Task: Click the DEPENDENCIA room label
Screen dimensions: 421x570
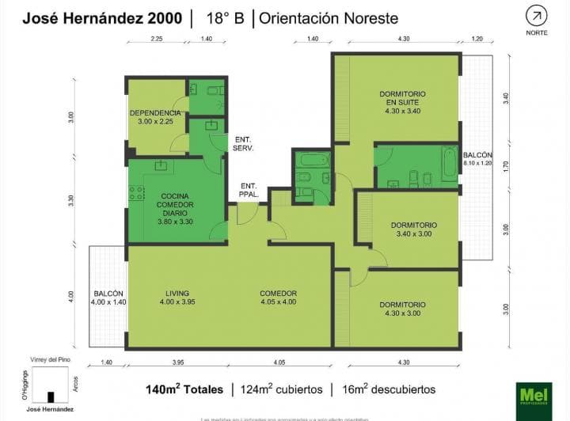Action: [x=155, y=117]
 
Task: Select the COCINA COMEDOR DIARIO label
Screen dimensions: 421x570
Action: [x=175, y=209]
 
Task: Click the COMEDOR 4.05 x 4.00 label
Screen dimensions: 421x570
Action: [x=277, y=297]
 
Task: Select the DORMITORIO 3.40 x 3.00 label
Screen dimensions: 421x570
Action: [x=413, y=229]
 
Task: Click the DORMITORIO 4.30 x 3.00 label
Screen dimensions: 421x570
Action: [x=402, y=309]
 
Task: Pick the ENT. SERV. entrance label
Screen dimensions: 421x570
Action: [x=241, y=143]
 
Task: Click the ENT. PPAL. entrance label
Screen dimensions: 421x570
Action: [x=248, y=191]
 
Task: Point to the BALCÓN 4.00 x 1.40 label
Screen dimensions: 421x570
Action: [x=108, y=297]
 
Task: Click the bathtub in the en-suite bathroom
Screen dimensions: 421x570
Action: [x=449, y=164]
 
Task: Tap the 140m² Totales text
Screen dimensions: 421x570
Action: [x=183, y=389]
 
